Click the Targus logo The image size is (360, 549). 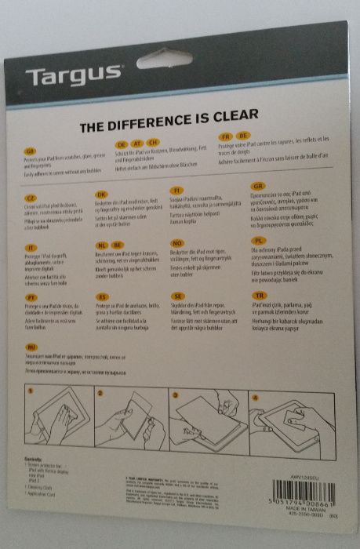74,76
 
